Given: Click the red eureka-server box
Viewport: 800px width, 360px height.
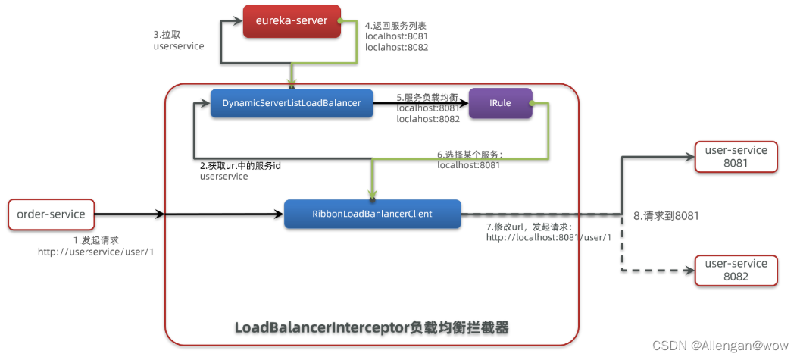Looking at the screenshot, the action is [x=292, y=21].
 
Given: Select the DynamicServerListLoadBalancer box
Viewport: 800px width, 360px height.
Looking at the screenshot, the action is [x=292, y=103].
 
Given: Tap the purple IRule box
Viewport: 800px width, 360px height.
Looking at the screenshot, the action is [x=501, y=103].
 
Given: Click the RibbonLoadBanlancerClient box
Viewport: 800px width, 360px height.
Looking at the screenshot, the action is [x=373, y=214].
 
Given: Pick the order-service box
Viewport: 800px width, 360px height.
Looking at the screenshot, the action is [x=51, y=214].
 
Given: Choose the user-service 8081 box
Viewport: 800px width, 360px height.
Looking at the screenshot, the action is [x=736, y=157].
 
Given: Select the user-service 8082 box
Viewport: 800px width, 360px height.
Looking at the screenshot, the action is [x=736, y=270].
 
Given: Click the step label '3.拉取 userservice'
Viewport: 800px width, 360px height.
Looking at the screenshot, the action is [x=179, y=41].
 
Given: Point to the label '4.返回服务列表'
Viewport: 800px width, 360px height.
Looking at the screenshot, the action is [x=395, y=25].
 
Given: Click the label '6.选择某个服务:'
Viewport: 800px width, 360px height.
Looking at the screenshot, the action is [x=470, y=154].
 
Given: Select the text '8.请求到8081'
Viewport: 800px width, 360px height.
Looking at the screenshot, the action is [x=666, y=216].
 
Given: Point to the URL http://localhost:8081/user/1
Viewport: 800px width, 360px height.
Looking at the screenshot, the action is [x=548, y=237].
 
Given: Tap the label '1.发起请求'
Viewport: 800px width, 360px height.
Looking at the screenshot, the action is [x=96, y=240].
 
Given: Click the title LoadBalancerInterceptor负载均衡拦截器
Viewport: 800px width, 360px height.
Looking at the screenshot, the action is [x=371, y=327].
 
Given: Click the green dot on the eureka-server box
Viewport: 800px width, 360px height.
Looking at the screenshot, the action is [x=342, y=21].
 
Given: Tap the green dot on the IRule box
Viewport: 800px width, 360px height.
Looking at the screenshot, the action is [x=532, y=103].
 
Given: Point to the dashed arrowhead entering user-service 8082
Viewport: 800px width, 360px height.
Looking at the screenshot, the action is [x=689, y=270].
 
